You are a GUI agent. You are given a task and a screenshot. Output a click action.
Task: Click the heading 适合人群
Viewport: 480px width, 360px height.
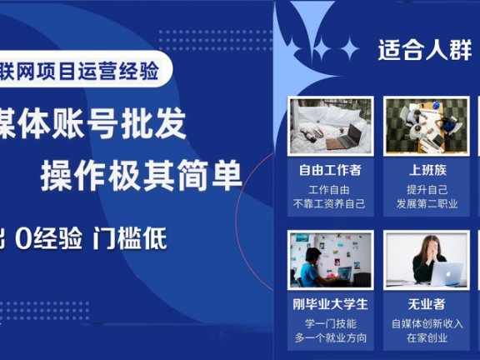pyautogui.click(x=424, y=50)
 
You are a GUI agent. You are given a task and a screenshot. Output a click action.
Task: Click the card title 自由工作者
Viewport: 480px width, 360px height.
pyautogui.click(x=330, y=170)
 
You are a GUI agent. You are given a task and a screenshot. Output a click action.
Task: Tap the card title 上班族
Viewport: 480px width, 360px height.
pyautogui.click(x=426, y=170)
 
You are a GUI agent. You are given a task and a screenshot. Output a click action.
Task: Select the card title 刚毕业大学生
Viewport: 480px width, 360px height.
pyautogui.click(x=330, y=303)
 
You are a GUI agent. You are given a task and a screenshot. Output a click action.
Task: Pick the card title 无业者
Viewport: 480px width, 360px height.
pyautogui.click(x=426, y=303)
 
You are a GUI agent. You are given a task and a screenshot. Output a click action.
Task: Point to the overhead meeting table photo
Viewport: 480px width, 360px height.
pyautogui.click(x=426, y=125)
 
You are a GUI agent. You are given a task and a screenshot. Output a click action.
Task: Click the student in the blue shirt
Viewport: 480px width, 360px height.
pyautogui.click(x=310, y=265)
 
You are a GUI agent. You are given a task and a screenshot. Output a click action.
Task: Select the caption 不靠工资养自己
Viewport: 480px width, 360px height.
pyautogui.click(x=330, y=202)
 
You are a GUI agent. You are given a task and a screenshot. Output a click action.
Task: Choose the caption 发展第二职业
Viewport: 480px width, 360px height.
pyautogui.click(x=426, y=202)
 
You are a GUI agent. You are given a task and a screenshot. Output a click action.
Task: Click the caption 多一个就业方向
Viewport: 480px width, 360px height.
pyautogui.click(x=330, y=337)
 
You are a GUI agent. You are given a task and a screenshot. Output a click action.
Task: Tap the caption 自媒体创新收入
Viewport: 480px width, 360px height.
pyautogui.click(x=426, y=322)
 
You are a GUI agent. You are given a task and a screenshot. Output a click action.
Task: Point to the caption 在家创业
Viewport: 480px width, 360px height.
pyautogui.click(x=426, y=337)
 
